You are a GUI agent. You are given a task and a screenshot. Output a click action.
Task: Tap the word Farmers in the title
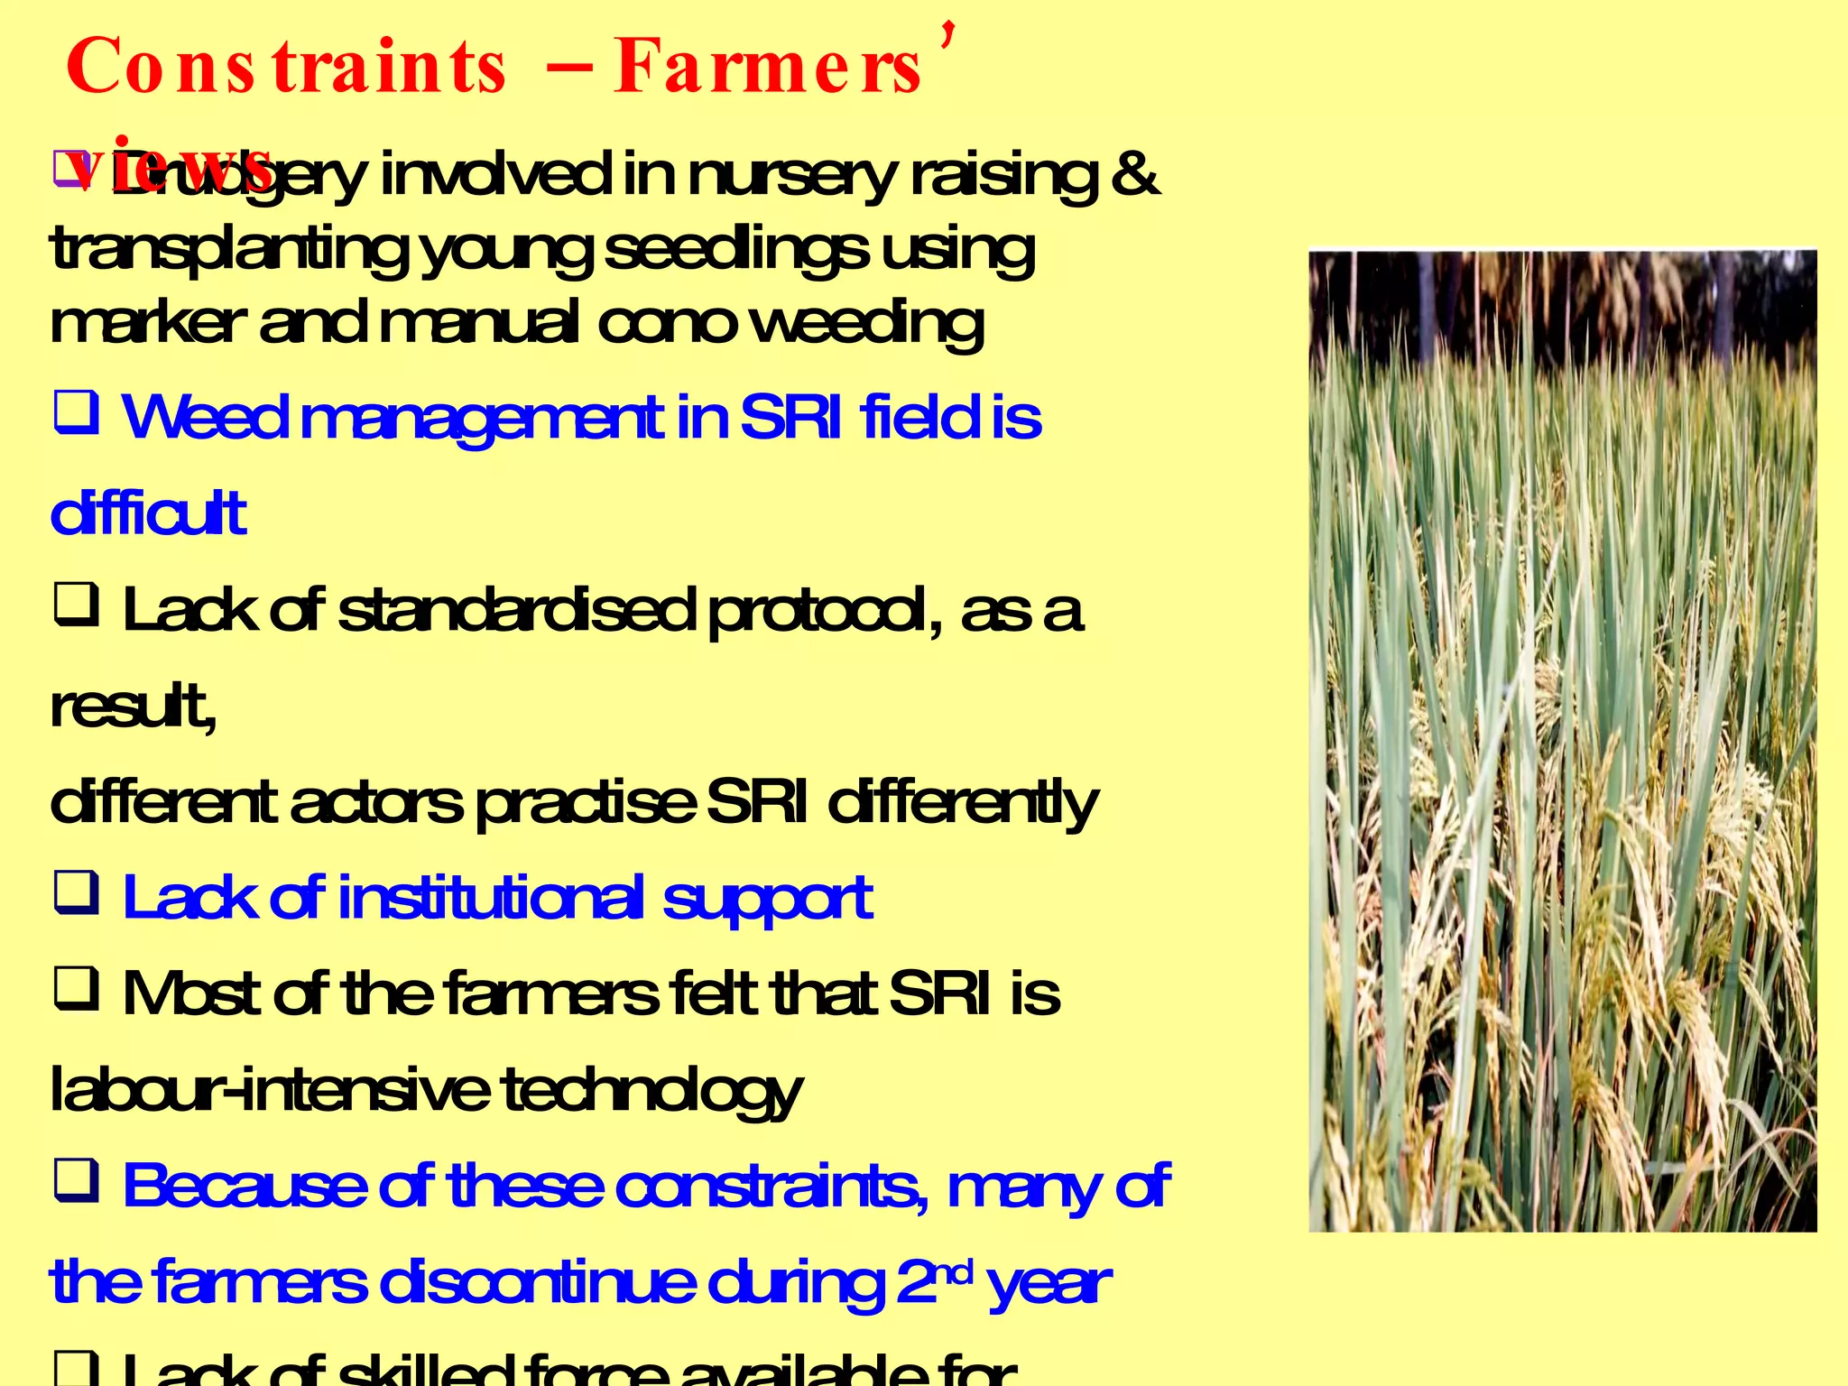(x=767, y=68)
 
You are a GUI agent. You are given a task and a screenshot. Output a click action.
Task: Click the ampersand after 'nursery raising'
(x=1135, y=174)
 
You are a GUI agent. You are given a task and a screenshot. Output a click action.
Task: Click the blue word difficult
(x=148, y=514)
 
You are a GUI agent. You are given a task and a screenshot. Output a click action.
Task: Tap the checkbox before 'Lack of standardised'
(x=76, y=605)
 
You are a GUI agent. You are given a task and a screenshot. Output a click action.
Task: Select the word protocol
(x=818, y=612)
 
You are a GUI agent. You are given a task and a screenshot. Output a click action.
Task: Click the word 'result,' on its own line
(x=133, y=707)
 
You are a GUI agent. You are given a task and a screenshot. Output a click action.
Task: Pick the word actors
(x=376, y=803)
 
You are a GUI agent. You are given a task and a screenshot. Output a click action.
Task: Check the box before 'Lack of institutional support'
(x=76, y=893)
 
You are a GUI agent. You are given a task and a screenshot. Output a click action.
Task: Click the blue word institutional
(x=491, y=899)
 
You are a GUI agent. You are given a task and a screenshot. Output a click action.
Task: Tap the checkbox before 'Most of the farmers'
(x=76, y=989)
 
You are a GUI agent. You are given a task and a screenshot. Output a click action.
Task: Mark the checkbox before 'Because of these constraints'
(x=76, y=1181)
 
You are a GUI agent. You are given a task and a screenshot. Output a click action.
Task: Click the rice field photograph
(x=1562, y=741)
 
